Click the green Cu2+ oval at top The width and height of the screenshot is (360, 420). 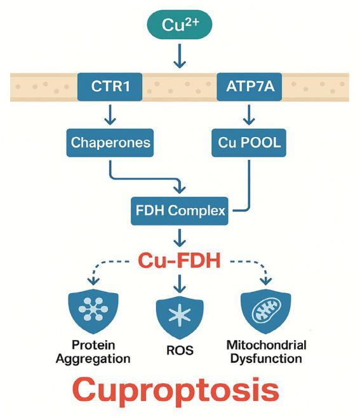[x=180, y=25]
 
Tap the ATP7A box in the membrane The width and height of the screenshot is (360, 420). [x=249, y=88]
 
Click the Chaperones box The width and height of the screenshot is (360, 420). [x=110, y=142]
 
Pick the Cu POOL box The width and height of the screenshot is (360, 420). [x=249, y=142]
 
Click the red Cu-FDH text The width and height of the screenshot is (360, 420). [x=180, y=259]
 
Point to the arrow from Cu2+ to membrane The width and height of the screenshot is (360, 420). [x=180, y=56]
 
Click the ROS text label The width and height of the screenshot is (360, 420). [x=179, y=350]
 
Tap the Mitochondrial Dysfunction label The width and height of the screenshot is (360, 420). [x=266, y=352]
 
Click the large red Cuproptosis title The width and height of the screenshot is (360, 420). [x=180, y=391]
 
